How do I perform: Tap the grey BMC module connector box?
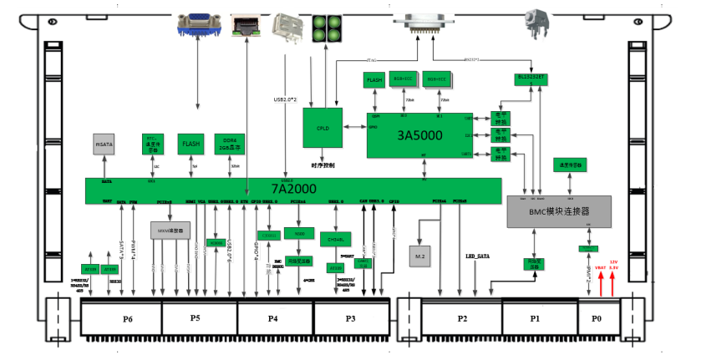pos(559,211)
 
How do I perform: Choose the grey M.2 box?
pos(420,253)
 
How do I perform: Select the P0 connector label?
pos(596,318)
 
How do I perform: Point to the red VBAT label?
pos(600,267)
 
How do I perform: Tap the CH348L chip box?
pos(336,239)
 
